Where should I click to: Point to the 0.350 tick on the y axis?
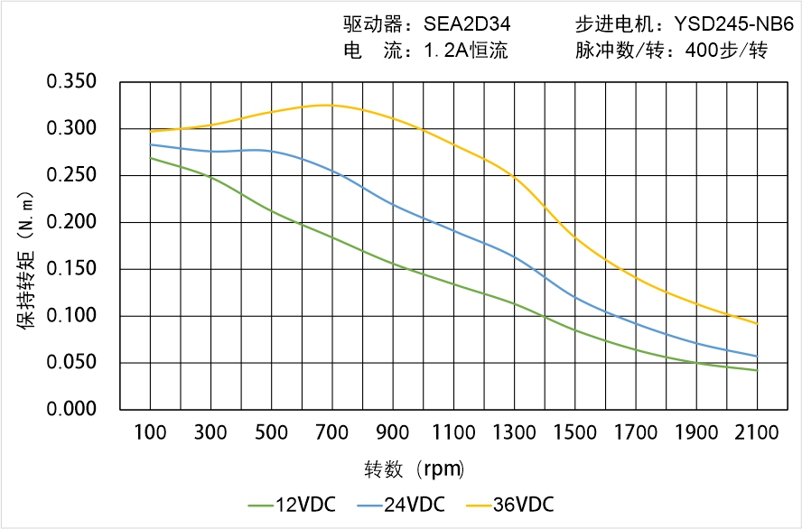click(72, 82)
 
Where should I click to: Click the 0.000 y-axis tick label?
click(72, 410)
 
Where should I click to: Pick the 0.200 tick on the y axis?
click(72, 222)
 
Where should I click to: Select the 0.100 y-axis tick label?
click(72, 316)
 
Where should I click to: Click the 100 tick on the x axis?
click(150, 432)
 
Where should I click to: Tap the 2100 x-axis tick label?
click(757, 432)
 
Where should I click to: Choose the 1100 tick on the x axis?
click(453, 432)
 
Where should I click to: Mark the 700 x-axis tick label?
click(332, 432)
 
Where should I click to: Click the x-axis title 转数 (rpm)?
click(414, 469)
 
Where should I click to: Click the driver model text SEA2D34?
click(467, 24)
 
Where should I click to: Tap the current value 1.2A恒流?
click(465, 51)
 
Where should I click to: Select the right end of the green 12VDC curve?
click(757, 370)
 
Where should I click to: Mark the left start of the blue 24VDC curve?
click(150, 144)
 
